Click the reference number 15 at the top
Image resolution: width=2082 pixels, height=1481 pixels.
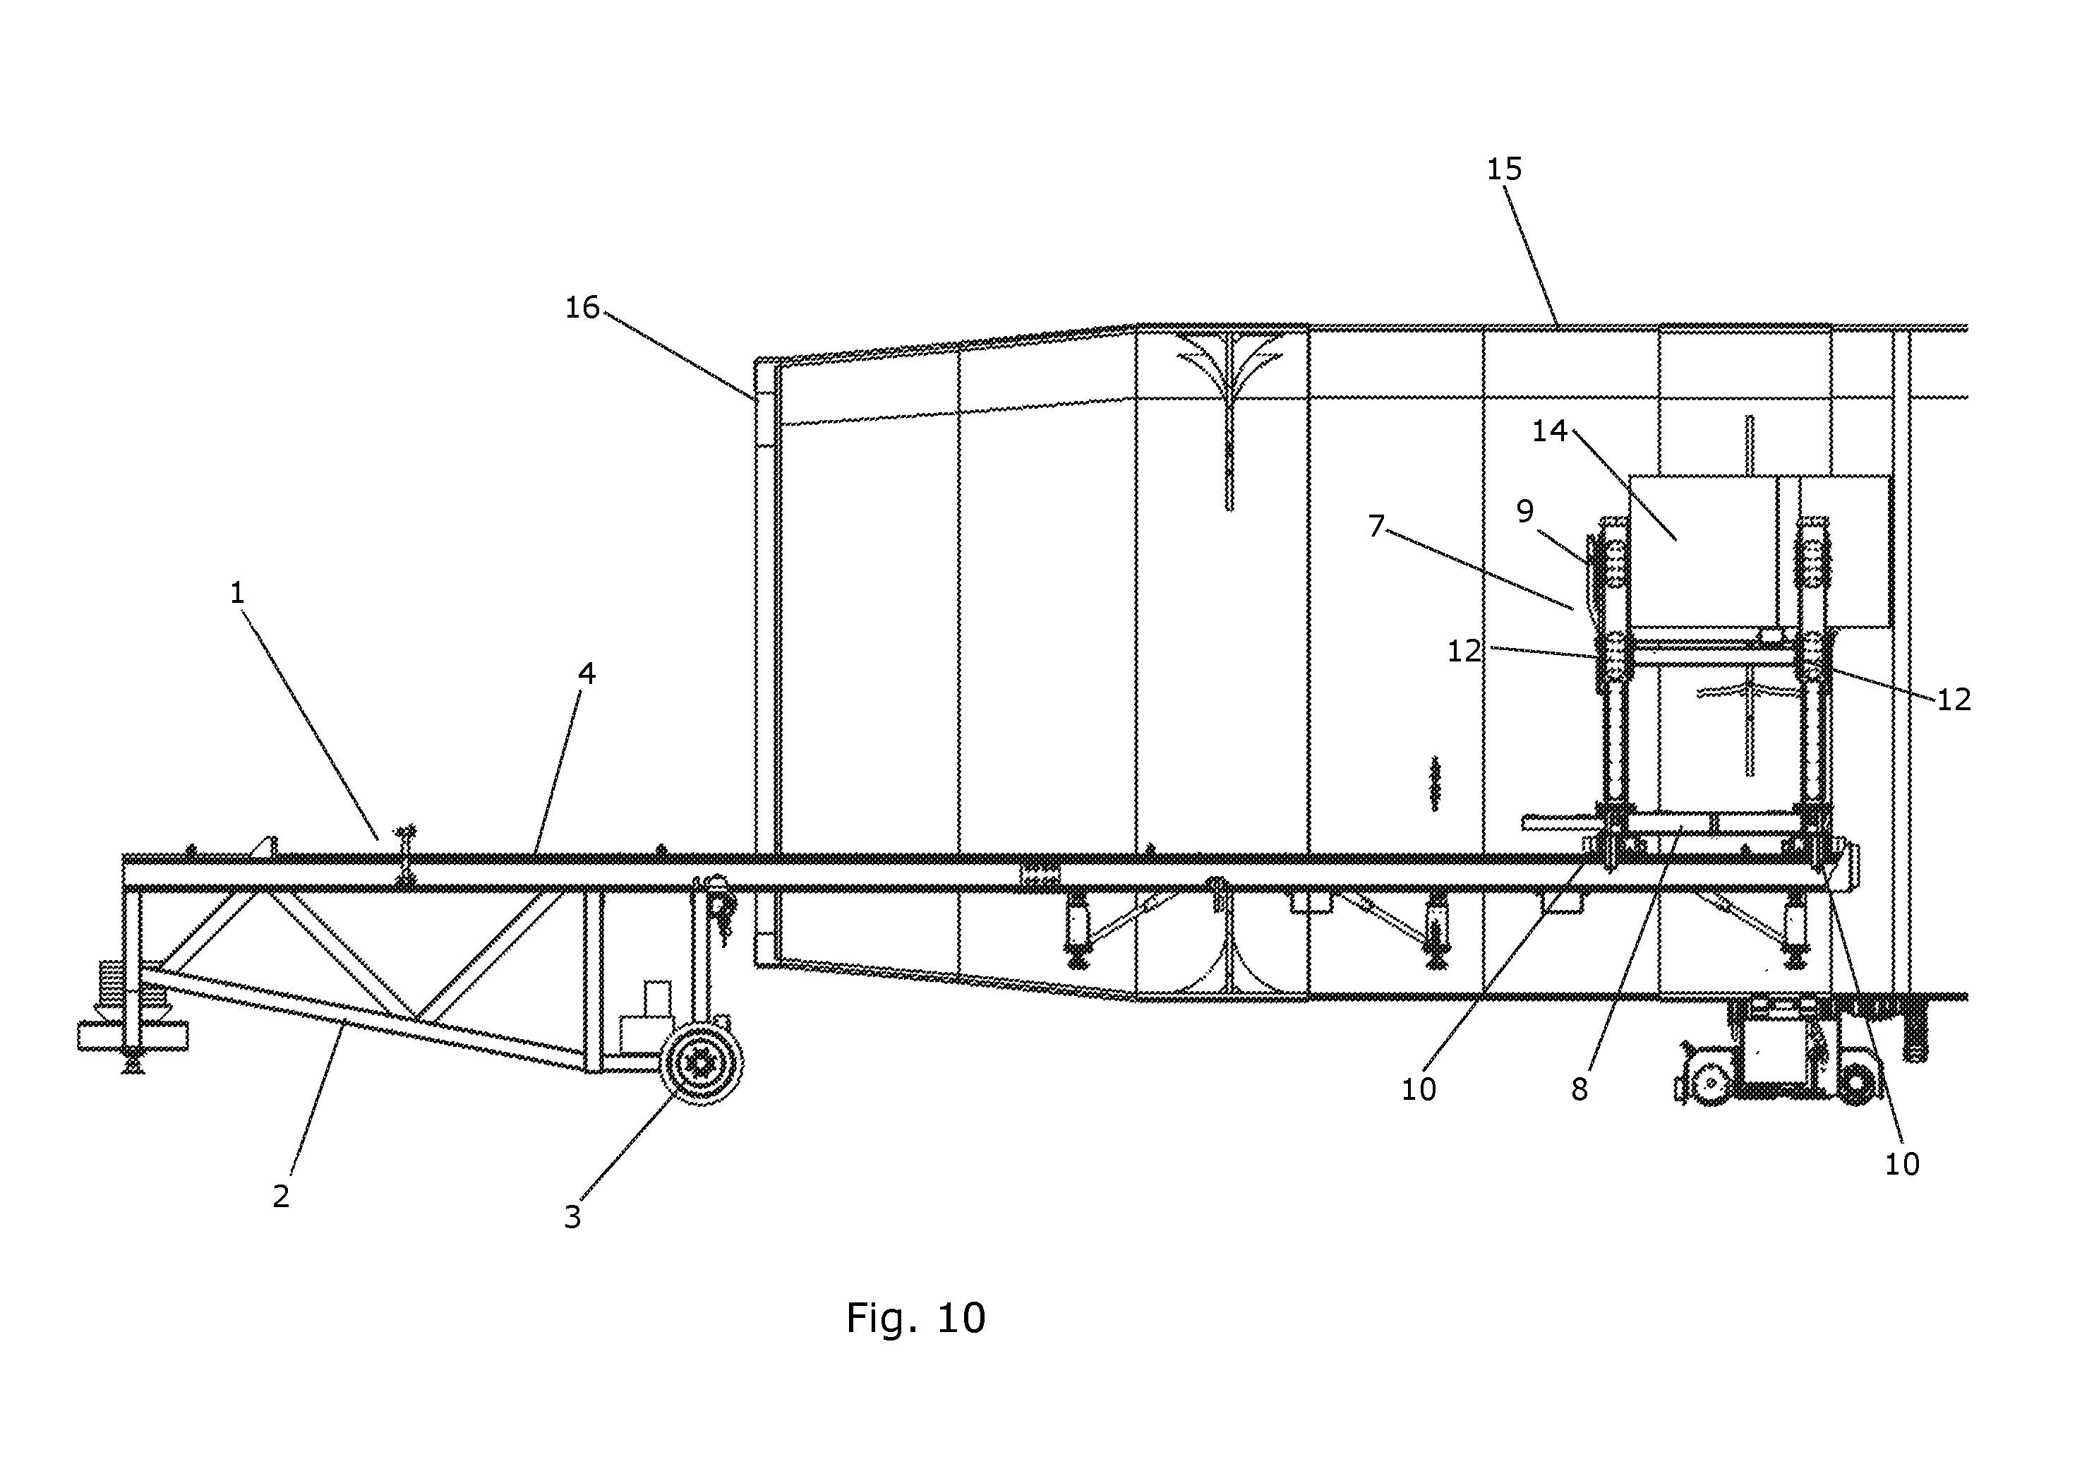click(x=1504, y=169)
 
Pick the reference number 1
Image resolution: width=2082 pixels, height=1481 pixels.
click(x=237, y=593)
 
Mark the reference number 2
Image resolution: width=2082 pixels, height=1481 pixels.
click(x=281, y=1196)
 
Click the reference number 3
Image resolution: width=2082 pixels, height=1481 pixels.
click(x=572, y=1216)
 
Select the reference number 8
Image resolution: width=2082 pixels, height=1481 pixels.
click(x=1579, y=1089)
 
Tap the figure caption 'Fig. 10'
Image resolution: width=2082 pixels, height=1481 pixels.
click(x=915, y=1318)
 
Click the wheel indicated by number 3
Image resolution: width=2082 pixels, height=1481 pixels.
click(x=702, y=1065)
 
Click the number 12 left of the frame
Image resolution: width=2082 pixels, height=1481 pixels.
click(x=1465, y=651)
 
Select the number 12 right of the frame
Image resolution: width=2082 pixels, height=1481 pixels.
click(x=1954, y=700)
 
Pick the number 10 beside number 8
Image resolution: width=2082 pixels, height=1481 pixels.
click(x=1419, y=1089)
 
